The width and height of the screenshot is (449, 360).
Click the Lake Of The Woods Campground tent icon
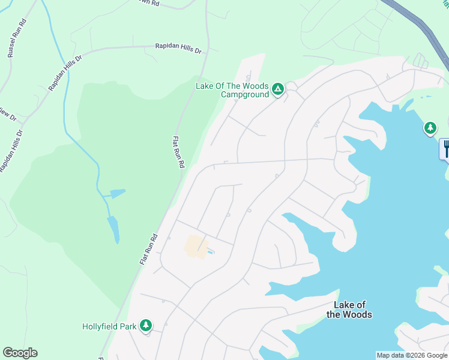(x=278, y=90)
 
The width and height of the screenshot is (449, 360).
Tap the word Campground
(x=245, y=94)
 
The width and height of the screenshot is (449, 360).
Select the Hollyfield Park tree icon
(x=145, y=326)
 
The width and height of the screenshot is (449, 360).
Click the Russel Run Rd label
(x=18, y=38)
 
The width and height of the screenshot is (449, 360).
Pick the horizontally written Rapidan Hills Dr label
(x=178, y=47)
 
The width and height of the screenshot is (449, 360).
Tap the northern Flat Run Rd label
(x=178, y=152)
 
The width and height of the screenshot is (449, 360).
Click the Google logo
(x=20, y=353)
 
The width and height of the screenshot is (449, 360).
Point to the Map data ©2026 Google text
(x=412, y=355)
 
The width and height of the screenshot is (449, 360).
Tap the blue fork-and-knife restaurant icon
(x=445, y=149)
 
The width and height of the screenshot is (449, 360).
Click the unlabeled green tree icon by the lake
(x=430, y=128)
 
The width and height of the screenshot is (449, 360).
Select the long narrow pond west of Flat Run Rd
(x=113, y=229)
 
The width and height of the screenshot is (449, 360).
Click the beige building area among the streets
(x=196, y=247)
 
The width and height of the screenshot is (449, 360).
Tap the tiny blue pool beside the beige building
(x=211, y=251)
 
